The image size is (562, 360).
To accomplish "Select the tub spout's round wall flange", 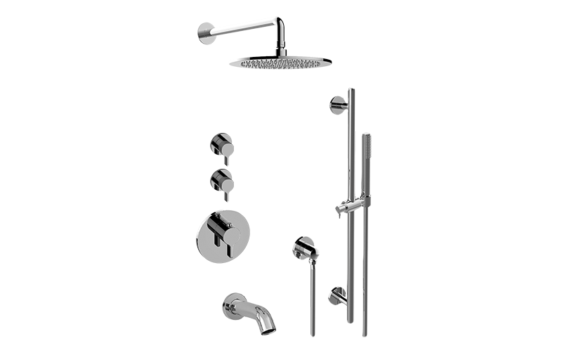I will point(230,303).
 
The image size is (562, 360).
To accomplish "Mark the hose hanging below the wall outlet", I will point(313,302).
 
